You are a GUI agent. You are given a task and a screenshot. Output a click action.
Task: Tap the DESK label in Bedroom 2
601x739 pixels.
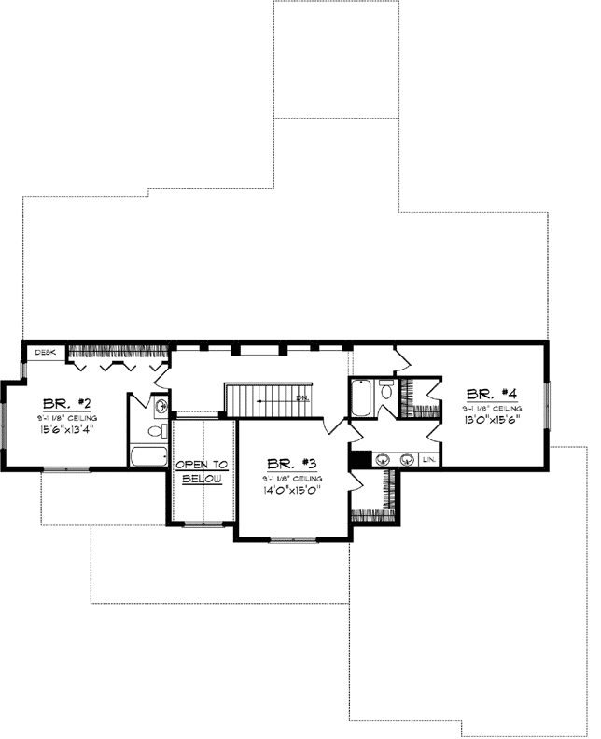tap(45, 353)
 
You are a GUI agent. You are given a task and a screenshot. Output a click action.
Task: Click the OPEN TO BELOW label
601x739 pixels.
tap(203, 470)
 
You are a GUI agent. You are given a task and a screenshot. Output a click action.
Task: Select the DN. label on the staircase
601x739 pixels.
tap(302, 398)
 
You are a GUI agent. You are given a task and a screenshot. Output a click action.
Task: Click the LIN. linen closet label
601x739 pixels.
tap(429, 461)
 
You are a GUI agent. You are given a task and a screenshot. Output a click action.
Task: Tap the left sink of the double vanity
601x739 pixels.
tap(384, 460)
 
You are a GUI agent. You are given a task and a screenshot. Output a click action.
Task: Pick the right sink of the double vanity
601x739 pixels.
tap(407, 460)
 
